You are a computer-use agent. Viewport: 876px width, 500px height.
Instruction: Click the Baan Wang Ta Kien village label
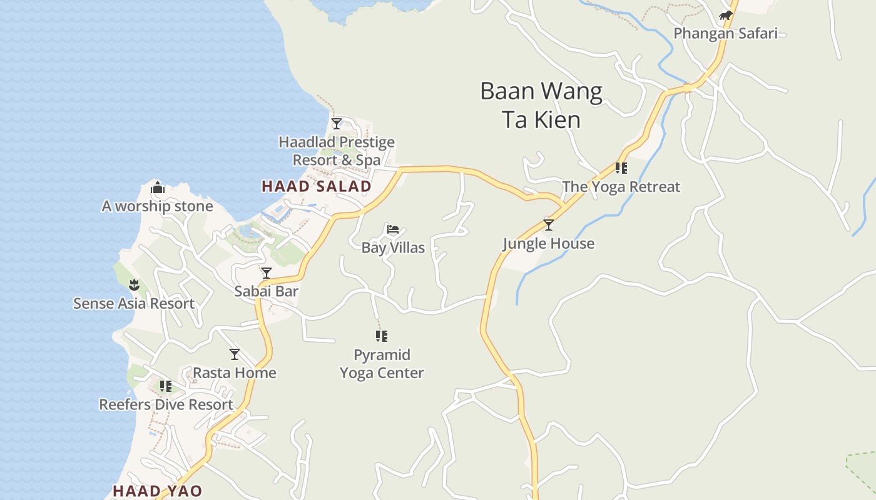click(541, 105)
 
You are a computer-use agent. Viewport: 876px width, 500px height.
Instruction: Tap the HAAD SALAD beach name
click(317, 186)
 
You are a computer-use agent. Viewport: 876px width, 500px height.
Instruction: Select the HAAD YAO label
click(157, 491)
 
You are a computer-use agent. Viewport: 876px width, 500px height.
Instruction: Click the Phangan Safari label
click(725, 33)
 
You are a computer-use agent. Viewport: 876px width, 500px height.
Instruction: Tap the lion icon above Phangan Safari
click(725, 16)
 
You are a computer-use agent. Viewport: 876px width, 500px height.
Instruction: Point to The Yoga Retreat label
click(621, 186)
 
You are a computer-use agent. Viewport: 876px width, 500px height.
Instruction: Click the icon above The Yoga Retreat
click(621, 168)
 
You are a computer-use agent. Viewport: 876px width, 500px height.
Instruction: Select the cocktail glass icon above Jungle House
click(549, 225)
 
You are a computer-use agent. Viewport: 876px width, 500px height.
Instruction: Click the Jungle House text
click(549, 243)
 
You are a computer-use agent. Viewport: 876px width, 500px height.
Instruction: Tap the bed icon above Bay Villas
click(393, 229)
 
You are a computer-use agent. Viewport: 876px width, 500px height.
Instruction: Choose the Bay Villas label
click(393, 247)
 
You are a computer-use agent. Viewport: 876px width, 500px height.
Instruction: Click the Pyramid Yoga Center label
click(382, 364)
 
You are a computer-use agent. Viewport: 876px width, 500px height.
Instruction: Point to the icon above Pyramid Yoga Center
click(382, 336)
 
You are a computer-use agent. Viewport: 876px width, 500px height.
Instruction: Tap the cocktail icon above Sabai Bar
click(267, 273)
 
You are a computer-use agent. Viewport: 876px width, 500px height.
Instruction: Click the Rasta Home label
click(235, 372)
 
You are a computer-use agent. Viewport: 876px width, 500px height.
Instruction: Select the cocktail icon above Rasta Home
click(235, 354)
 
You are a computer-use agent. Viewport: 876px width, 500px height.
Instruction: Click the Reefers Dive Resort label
click(166, 404)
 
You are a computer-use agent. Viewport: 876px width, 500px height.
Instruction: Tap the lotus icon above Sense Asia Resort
click(134, 286)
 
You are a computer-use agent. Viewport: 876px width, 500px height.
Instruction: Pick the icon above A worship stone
click(158, 187)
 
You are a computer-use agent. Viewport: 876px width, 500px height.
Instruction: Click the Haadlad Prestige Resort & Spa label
click(337, 151)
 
